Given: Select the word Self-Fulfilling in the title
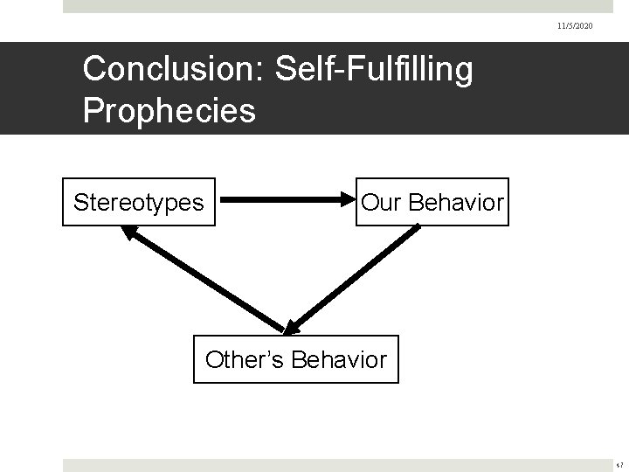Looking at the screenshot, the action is click(374, 69).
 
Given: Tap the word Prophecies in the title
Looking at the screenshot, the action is click(169, 110).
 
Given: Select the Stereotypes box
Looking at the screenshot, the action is click(139, 203).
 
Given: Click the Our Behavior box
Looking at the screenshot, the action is click(432, 203).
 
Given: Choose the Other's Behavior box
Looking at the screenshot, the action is click(295, 359).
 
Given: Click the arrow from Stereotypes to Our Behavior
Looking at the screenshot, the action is click(280, 203).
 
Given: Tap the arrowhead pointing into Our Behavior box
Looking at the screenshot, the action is click(346, 203).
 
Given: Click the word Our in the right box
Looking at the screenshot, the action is click(378, 203).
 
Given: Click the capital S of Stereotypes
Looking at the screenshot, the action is click(79, 203).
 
